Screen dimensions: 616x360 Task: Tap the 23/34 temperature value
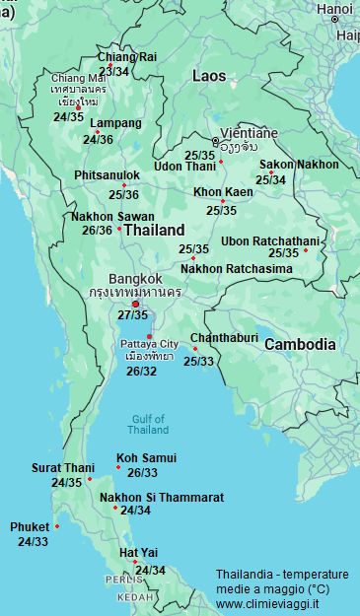113,71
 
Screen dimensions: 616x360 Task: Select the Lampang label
115,124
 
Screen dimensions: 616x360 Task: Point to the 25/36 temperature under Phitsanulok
123,194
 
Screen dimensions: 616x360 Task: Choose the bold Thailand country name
154,229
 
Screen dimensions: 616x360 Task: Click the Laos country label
208,76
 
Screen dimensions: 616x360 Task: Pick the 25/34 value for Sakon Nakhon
270,180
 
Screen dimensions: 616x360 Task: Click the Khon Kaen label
222,192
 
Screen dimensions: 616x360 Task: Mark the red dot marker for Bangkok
136,304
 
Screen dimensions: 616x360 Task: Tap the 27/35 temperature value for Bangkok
132,315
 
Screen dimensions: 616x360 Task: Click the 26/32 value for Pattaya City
141,372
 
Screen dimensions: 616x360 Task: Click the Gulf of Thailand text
148,424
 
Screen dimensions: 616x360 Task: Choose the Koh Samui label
146,458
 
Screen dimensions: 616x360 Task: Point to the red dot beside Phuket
57,526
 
